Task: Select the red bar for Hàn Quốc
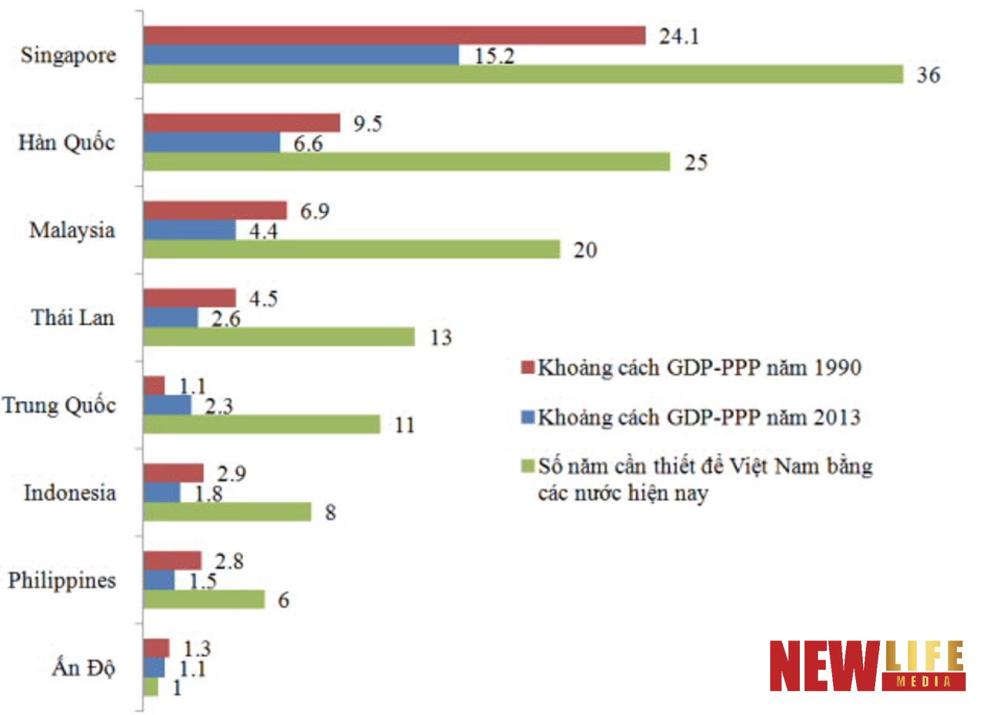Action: tap(242, 123)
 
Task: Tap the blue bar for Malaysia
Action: tap(189, 230)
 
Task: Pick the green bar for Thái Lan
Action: tap(279, 337)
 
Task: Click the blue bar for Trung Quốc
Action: tap(167, 405)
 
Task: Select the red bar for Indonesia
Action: tap(173, 473)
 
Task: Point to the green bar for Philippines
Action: tap(204, 599)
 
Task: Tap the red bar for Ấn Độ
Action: tap(156, 648)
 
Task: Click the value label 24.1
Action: tap(679, 36)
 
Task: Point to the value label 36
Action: tap(928, 75)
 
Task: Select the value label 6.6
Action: tap(308, 143)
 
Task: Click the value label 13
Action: tap(441, 337)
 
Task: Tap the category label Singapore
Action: tap(68, 55)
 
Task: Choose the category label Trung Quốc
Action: tap(59, 405)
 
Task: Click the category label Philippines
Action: tap(62, 580)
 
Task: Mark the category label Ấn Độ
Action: tap(83, 668)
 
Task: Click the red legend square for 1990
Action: tap(528, 368)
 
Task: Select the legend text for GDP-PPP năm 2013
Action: tap(699, 418)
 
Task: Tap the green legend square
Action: tap(528, 466)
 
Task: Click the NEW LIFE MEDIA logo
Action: tap(866, 666)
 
